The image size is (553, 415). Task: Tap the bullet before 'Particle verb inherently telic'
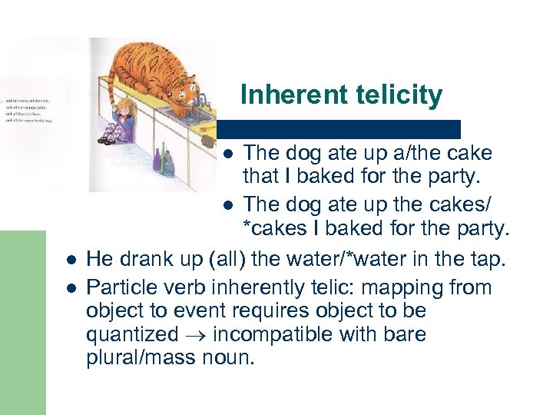click(x=70, y=287)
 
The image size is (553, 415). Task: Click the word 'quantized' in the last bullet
click(x=132, y=335)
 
